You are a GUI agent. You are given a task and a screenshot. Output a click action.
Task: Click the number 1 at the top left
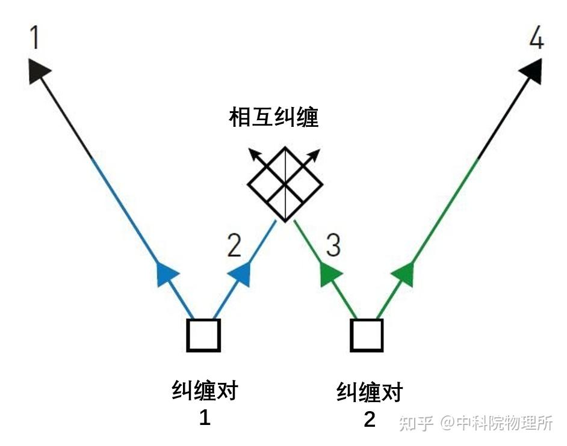tap(35, 37)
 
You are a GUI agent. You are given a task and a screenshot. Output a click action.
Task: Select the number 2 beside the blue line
tap(234, 245)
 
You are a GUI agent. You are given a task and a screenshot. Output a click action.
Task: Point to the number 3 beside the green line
tap(333, 245)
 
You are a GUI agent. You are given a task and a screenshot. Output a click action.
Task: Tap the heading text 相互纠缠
tap(274, 118)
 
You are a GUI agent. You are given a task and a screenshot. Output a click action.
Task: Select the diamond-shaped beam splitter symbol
tap(285, 183)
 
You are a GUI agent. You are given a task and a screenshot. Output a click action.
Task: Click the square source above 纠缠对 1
tap(203, 335)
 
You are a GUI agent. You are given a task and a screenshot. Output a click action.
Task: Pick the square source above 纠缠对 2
tap(367, 335)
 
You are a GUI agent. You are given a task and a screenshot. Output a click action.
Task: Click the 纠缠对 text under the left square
tap(205, 391)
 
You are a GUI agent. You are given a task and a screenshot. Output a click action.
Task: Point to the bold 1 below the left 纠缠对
tap(205, 417)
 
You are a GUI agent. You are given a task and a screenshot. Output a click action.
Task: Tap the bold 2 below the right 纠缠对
tap(370, 419)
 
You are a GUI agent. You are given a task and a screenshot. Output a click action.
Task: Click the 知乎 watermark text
tap(416, 423)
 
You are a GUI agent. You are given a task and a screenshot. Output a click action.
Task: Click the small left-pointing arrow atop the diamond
tap(256, 154)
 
